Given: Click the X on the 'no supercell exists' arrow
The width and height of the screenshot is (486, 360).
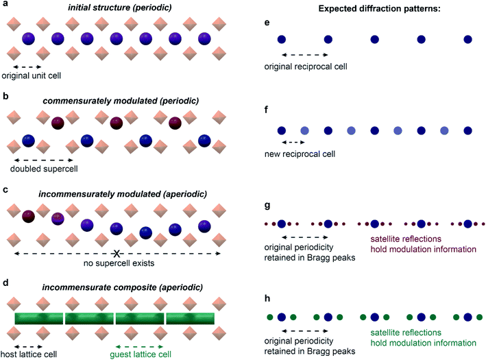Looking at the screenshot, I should click(x=119, y=252).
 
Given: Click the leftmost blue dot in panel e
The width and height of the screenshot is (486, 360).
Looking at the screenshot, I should click(x=281, y=39).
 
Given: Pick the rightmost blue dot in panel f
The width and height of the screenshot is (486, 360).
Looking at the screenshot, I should click(x=467, y=130).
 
